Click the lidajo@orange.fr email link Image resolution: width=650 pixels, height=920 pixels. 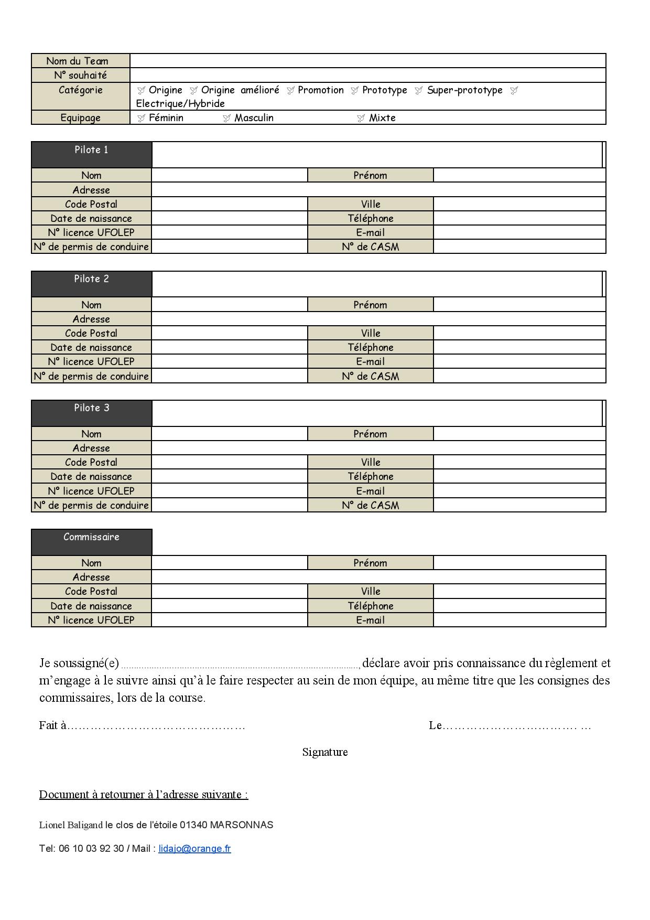click(194, 848)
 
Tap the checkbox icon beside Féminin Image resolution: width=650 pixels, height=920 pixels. click(141, 118)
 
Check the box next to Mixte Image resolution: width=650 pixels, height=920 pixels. click(361, 118)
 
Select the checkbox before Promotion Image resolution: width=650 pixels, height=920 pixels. click(290, 90)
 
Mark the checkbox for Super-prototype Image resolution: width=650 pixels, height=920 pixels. click(418, 90)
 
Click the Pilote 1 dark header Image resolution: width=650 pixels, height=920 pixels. click(91, 154)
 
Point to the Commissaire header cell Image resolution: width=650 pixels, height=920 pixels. click(91, 542)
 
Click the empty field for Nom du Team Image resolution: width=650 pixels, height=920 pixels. click(367, 61)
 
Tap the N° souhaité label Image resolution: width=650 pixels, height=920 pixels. click(80, 75)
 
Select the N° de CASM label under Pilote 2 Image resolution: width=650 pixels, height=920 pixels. click(370, 376)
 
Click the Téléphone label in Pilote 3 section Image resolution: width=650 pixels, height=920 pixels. click(370, 476)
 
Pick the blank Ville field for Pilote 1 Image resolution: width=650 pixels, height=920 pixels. click(519, 204)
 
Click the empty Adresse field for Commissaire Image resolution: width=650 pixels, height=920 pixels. click(378, 577)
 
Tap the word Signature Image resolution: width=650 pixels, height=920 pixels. click(325, 752)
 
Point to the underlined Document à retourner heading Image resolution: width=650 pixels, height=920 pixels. click(144, 794)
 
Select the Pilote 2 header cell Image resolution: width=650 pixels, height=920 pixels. click(91, 284)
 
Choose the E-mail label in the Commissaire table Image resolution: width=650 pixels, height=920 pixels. click(370, 620)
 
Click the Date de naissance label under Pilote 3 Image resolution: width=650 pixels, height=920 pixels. click(91, 476)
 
